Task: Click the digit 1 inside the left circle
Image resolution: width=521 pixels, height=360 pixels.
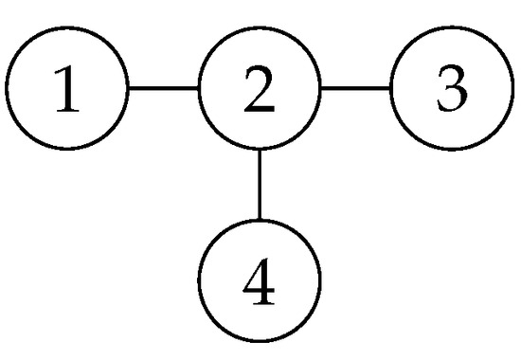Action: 67,91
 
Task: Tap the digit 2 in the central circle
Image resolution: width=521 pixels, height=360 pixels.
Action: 260,91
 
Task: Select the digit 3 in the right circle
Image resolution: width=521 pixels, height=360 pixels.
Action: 451,91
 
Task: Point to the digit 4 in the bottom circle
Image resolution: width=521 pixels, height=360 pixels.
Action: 260,280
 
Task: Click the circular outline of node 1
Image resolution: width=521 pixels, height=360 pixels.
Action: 67,31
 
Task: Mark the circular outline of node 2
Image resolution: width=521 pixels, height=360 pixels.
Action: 260,31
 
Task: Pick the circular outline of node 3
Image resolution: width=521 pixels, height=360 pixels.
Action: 451,31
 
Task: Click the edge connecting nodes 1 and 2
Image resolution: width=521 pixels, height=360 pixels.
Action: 163,91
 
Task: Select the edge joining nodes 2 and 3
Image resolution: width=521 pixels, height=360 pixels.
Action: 355,91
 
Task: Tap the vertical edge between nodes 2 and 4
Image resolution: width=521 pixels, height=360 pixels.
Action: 260,185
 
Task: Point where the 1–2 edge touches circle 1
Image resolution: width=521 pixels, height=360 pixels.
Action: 128,91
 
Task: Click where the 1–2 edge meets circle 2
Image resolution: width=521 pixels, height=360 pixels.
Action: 199,91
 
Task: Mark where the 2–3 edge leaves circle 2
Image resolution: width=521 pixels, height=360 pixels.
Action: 320,91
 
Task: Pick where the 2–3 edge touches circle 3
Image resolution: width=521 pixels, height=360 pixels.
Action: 391,91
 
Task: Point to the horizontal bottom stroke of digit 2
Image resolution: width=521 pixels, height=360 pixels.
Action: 260,112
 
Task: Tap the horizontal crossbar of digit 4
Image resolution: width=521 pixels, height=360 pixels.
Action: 260,289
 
